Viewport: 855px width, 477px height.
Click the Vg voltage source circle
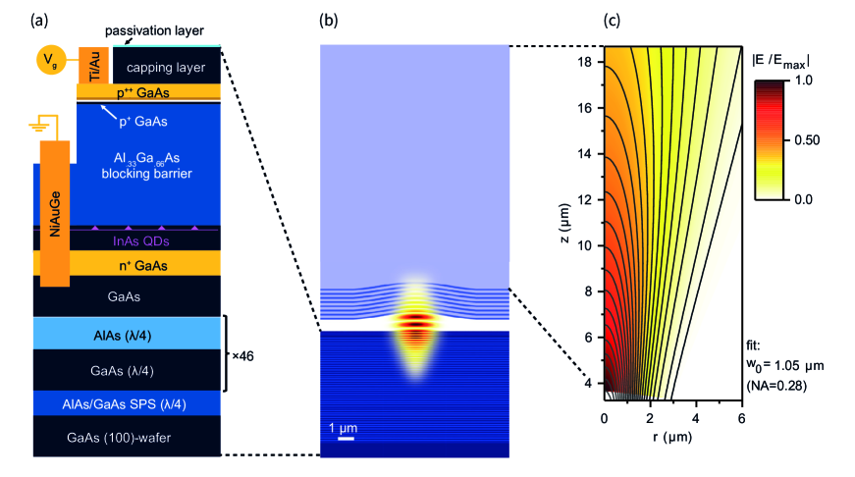pos(49,62)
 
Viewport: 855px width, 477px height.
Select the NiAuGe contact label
pos(54,212)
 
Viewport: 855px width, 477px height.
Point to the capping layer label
pos(166,68)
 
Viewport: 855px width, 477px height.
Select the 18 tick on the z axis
pos(586,61)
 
